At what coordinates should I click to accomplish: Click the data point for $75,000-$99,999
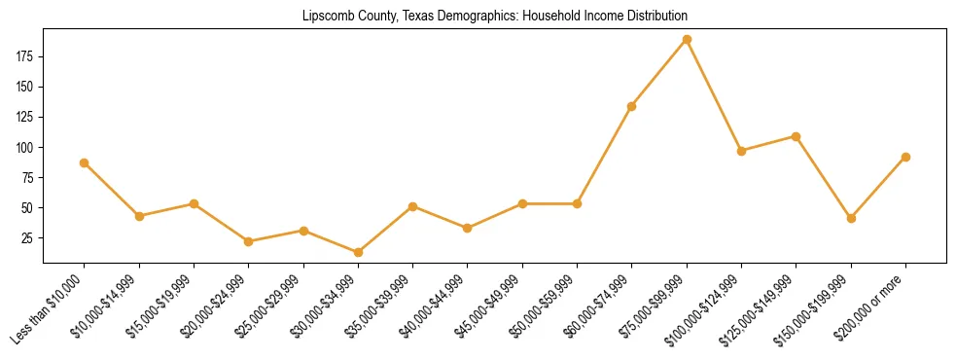pos(687,40)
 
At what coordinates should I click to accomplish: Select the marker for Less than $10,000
pos(85,162)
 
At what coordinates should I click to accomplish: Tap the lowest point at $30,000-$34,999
pos(358,252)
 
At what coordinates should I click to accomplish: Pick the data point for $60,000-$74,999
pos(632,106)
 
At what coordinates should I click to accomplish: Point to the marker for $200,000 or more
pos(905,157)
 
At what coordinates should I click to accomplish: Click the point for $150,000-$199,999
pos(851,218)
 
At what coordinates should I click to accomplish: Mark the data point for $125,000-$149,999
pos(797,136)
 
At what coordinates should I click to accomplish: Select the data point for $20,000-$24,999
pos(249,241)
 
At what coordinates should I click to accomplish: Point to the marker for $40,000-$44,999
pos(468,228)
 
